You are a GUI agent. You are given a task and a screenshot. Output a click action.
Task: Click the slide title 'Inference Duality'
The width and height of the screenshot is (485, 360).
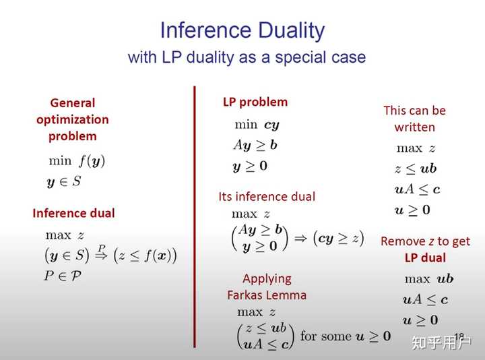pyautogui.click(x=242, y=30)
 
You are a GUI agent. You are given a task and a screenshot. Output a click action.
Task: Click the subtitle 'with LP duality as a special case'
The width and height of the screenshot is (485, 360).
pyautogui.click(x=247, y=57)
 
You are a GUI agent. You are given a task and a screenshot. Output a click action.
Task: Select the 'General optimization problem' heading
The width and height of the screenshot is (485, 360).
pyautogui.click(x=73, y=119)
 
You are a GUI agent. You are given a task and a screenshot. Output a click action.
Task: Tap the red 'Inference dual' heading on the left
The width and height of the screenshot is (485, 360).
pyautogui.click(x=73, y=213)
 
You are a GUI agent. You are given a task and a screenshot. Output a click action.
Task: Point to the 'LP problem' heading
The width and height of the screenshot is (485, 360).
pyautogui.click(x=255, y=102)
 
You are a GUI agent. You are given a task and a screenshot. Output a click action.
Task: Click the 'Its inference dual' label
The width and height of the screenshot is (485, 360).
pyautogui.click(x=267, y=197)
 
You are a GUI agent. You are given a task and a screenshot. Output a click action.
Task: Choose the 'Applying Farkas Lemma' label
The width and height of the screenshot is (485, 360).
pyautogui.click(x=267, y=287)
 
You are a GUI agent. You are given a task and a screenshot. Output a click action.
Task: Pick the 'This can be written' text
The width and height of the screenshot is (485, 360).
pyautogui.click(x=414, y=119)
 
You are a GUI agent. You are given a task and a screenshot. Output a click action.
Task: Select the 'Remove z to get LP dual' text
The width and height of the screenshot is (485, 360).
pyautogui.click(x=425, y=249)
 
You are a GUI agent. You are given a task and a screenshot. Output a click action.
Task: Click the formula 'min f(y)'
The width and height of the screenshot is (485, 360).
pyautogui.click(x=77, y=160)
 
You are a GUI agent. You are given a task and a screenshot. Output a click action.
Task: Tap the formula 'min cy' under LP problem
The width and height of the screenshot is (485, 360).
pyautogui.click(x=256, y=124)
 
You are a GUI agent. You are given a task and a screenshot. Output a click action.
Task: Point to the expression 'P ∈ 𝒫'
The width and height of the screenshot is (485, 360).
pyautogui.click(x=63, y=275)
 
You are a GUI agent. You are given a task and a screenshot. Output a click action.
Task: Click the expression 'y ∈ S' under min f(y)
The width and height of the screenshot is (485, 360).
pyautogui.click(x=63, y=181)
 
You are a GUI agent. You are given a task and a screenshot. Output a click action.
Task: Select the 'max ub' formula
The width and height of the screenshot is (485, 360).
pyautogui.click(x=429, y=278)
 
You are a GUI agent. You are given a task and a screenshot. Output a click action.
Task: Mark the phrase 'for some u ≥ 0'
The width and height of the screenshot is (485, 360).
pyautogui.click(x=345, y=336)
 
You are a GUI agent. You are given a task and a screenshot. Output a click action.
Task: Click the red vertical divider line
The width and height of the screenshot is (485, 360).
pyautogui.click(x=194, y=216)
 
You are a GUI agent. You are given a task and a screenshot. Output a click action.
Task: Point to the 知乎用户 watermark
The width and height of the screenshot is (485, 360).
pyautogui.click(x=441, y=342)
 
